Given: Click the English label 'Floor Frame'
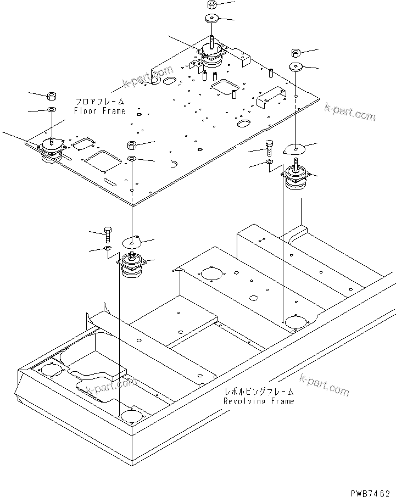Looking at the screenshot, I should click(x=100, y=111).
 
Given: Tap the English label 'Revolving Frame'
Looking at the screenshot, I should click(x=258, y=401).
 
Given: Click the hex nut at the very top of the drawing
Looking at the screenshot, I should click(x=212, y=5).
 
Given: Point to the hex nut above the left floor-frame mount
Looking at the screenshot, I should click(x=51, y=97).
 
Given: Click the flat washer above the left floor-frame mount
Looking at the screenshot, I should click(x=51, y=111).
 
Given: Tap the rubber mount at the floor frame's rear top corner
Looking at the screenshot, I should click(x=211, y=55).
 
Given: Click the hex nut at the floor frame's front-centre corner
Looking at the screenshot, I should click(x=132, y=146).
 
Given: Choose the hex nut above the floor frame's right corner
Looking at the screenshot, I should click(x=295, y=53).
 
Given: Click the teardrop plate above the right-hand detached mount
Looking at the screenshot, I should click(x=295, y=148).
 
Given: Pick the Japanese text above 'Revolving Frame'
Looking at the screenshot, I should click(x=259, y=392).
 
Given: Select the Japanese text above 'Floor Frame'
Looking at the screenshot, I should click(x=99, y=102).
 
